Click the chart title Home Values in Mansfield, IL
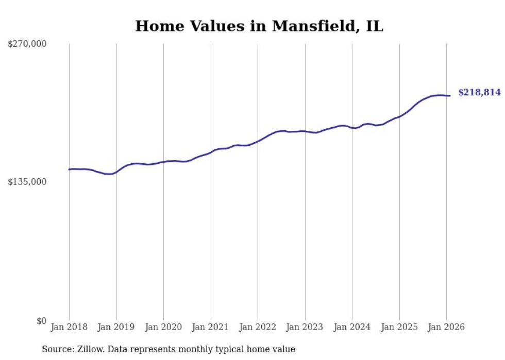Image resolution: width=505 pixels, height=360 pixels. click(x=259, y=26)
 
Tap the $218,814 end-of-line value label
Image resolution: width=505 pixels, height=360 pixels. click(x=479, y=93)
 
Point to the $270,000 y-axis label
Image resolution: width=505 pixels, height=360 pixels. click(x=27, y=44)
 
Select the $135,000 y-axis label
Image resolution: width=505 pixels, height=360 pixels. click(x=27, y=182)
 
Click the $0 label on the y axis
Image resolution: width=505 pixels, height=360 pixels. click(x=41, y=321)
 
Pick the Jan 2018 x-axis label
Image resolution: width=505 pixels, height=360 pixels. click(x=69, y=327)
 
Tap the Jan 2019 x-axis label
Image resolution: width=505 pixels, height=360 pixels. click(x=116, y=327)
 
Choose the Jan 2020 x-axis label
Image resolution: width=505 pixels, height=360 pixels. click(x=163, y=327)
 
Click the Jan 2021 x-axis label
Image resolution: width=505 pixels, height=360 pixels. click(x=211, y=327)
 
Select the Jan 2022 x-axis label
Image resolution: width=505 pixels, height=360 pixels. click(x=258, y=327)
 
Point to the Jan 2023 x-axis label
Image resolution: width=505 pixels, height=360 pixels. click(x=305, y=327)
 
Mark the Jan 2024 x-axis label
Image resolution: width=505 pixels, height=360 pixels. click(x=352, y=327)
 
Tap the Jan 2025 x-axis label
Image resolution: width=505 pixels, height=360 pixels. click(x=399, y=327)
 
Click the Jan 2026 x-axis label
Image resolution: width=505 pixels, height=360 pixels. click(x=446, y=327)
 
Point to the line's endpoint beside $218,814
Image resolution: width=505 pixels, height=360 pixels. click(x=450, y=95)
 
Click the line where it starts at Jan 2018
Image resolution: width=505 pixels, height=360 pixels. click(x=70, y=169)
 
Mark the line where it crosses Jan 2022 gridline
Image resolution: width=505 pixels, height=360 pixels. click(x=258, y=140)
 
